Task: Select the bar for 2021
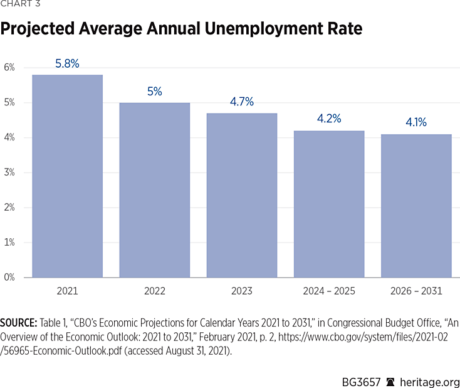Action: (x=68, y=176)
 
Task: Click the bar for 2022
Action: (x=154, y=190)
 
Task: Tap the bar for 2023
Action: (x=242, y=195)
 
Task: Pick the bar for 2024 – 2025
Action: (x=329, y=204)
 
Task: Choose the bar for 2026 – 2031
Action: (x=416, y=206)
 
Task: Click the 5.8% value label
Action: (x=68, y=63)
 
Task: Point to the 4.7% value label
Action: (x=242, y=102)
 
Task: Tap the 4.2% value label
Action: (x=329, y=118)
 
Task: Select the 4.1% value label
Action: (x=416, y=122)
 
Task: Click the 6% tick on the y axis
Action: (x=9, y=68)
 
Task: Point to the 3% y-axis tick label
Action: (x=9, y=172)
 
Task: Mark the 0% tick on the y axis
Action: (x=9, y=277)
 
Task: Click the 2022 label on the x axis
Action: (x=154, y=291)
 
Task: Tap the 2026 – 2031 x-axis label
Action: (x=416, y=291)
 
